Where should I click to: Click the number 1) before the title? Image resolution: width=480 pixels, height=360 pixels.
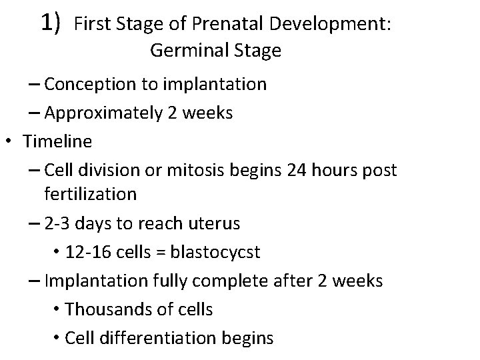[51, 23]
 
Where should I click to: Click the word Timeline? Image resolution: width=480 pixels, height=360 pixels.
[57, 141]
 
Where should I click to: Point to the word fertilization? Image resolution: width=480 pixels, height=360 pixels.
[90, 194]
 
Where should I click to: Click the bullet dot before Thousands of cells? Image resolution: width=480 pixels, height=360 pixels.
[55, 310]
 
